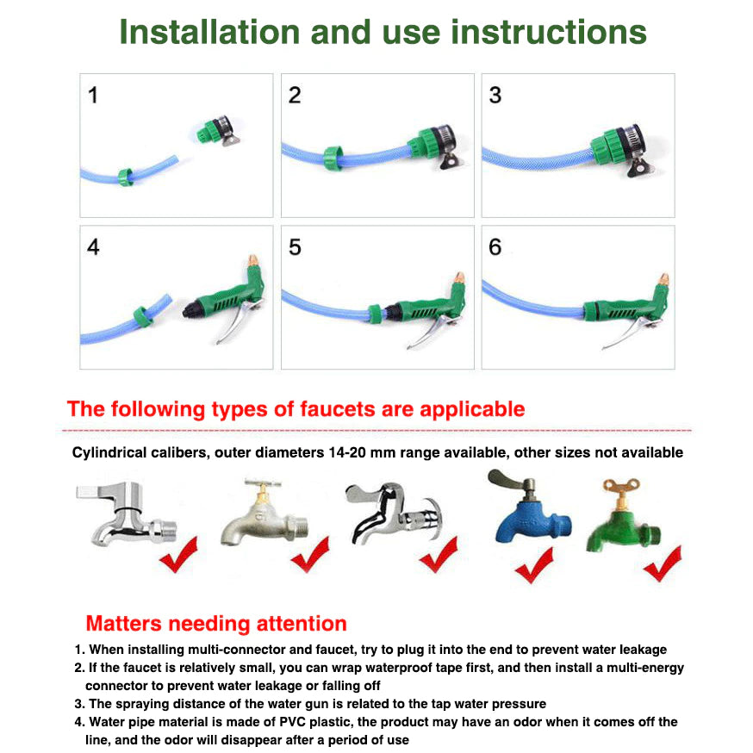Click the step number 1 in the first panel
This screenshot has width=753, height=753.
tap(93, 95)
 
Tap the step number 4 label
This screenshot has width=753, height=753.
tap(93, 247)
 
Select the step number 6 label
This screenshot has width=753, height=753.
tap(495, 247)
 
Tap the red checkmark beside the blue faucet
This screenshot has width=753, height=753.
tap(533, 564)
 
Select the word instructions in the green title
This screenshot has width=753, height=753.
tap(549, 32)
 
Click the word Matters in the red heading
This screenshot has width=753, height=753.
tap(126, 623)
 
